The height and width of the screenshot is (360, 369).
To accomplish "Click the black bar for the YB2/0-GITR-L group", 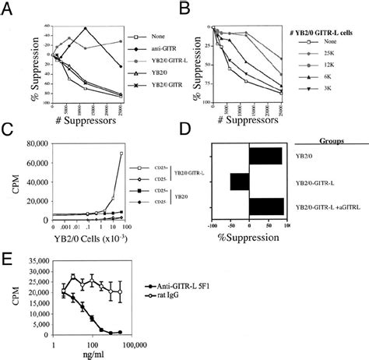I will tap(240, 182).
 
